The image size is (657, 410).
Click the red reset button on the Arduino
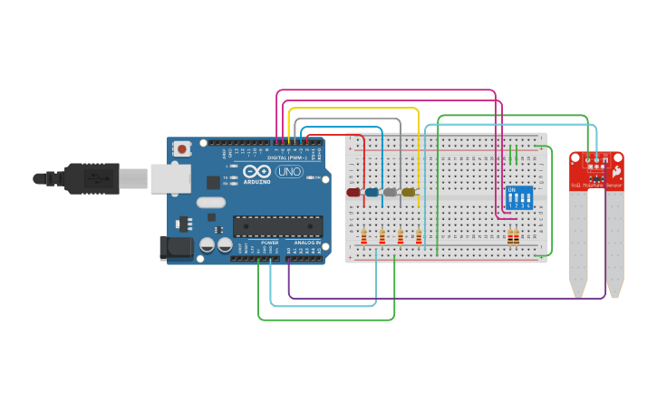tap(182, 148)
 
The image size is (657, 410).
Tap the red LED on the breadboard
tap(353, 192)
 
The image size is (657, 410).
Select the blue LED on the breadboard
tap(372, 192)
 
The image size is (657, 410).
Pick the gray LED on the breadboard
tap(390, 192)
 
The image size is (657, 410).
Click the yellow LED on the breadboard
tap(408, 192)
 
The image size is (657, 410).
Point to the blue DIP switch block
tap(519, 198)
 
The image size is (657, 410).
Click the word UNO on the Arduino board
tap(288, 172)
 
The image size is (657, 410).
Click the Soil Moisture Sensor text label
tap(595, 185)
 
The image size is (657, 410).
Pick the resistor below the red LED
tap(364, 238)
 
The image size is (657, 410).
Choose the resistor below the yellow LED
tap(419, 238)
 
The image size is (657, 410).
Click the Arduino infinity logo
tap(256, 171)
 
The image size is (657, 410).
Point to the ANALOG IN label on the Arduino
tap(305, 243)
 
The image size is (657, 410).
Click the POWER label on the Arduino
tap(270, 243)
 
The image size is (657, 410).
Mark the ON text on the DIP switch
tap(512, 190)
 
